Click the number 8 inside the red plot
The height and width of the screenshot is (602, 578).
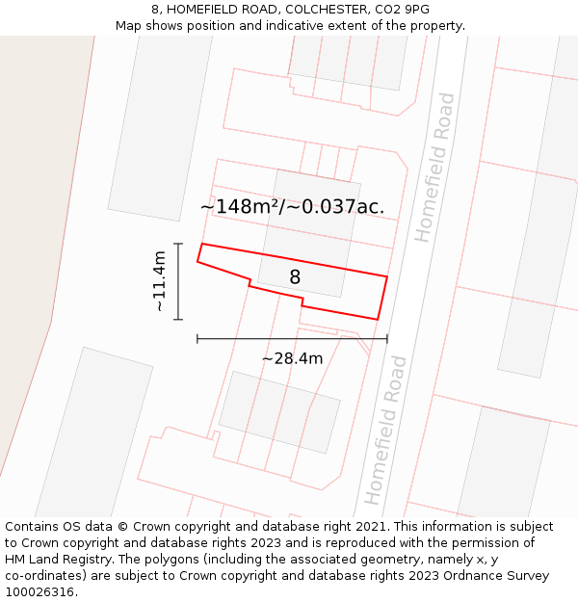(295, 277)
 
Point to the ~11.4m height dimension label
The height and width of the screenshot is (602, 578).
(159, 280)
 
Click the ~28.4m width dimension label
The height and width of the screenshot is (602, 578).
(292, 358)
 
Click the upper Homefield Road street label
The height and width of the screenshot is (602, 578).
(434, 168)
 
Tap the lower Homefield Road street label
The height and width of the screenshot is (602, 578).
(384, 430)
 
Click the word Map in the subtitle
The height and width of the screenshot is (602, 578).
(130, 25)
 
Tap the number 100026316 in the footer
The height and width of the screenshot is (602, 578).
(39, 592)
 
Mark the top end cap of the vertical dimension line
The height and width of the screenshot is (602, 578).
(178, 244)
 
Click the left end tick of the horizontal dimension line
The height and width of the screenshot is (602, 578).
(197, 338)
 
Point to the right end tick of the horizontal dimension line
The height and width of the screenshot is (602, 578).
(387, 338)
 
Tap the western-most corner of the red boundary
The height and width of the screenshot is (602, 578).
(197, 261)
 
